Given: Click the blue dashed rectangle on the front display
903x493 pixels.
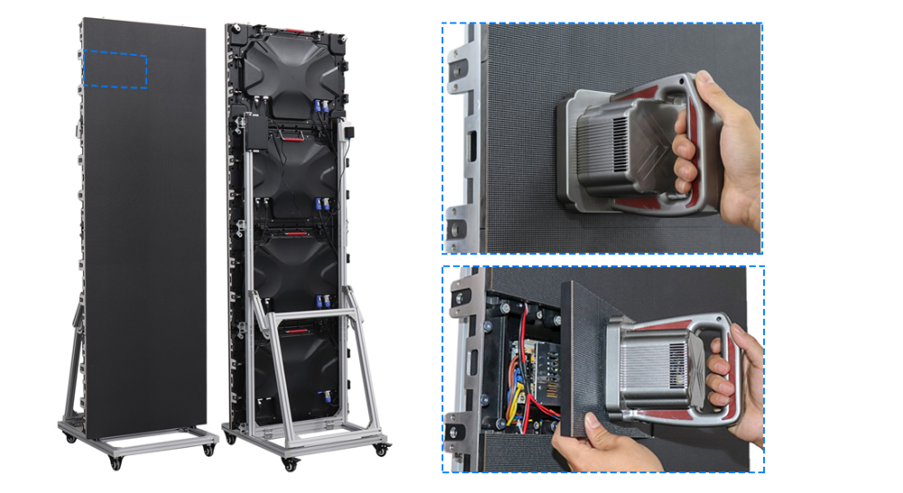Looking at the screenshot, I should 115,70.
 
